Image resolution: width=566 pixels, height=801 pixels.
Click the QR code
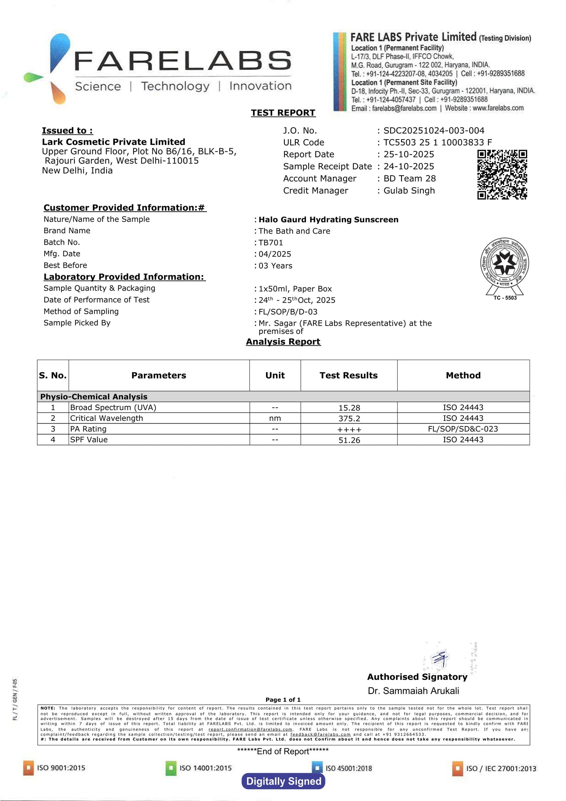pos(502,174)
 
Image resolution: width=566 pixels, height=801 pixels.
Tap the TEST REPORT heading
pos(283,113)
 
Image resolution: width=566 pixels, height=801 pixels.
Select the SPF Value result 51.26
pos(349,440)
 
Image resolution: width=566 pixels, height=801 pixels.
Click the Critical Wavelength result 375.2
pos(349,419)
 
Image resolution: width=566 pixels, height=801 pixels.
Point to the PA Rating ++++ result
pos(349,429)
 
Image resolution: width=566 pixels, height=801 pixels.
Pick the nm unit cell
pos(275,418)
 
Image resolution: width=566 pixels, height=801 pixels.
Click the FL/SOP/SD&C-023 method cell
pos(463,429)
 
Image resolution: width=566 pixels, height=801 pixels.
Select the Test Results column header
pos(349,375)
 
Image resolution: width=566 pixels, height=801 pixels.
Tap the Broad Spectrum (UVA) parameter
pos(113,408)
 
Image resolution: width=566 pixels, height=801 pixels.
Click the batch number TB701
pos(271,243)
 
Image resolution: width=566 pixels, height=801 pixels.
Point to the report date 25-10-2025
pos(409,154)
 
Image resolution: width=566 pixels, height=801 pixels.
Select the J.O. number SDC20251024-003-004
pos(434,130)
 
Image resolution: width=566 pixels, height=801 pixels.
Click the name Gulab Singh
pos(409,190)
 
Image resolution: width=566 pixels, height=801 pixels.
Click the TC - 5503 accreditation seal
pos(505,269)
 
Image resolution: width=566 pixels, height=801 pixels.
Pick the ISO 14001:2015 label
pos(205,768)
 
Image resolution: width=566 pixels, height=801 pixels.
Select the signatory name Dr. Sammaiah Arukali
pos(413,691)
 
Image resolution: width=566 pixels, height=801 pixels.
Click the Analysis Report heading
pos(283,342)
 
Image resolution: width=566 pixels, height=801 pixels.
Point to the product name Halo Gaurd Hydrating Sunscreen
pos(328,219)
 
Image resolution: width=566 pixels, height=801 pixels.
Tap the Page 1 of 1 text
pos(283,700)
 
